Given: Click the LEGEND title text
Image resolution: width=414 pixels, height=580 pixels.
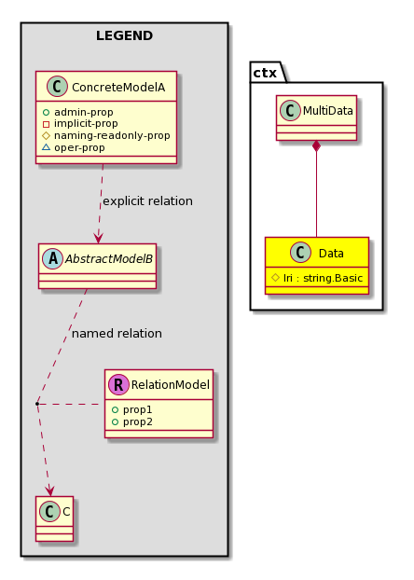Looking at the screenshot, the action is click(x=124, y=35).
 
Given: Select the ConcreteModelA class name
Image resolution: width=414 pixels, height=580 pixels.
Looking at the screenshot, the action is click(x=118, y=88).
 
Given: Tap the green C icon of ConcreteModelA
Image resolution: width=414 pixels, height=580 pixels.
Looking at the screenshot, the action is click(x=58, y=87).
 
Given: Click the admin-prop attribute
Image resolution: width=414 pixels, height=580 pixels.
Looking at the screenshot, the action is click(x=84, y=112).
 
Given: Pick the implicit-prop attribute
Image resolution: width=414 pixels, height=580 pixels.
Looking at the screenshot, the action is click(x=86, y=123).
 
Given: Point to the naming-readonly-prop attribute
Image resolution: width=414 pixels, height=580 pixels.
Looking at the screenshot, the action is click(x=112, y=136).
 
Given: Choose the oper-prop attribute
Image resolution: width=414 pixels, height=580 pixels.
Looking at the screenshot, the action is click(x=79, y=147).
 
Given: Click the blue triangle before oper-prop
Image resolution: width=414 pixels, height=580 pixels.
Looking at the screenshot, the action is click(x=47, y=147).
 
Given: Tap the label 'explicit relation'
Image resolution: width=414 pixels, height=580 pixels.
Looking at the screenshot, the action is click(x=147, y=201).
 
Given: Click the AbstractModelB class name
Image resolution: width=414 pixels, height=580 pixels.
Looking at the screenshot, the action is click(x=109, y=259).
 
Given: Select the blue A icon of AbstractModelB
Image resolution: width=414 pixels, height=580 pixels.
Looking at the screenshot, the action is click(x=53, y=259).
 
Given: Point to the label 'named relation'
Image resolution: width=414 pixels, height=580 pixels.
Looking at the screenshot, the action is click(x=117, y=334).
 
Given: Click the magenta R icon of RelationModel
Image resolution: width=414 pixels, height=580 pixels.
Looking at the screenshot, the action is click(x=118, y=385).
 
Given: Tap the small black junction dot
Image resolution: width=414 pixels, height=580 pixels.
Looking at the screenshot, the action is click(x=37, y=404).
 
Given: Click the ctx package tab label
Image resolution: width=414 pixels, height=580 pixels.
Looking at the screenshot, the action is click(x=265, y=73).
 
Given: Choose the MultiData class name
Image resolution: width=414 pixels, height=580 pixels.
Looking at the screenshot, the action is click(x=328, y=111).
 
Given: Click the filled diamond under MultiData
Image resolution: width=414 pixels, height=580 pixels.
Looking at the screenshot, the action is click(x=316, y=146).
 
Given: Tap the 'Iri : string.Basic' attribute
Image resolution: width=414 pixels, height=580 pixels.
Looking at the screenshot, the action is click(x=323, y=278).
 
